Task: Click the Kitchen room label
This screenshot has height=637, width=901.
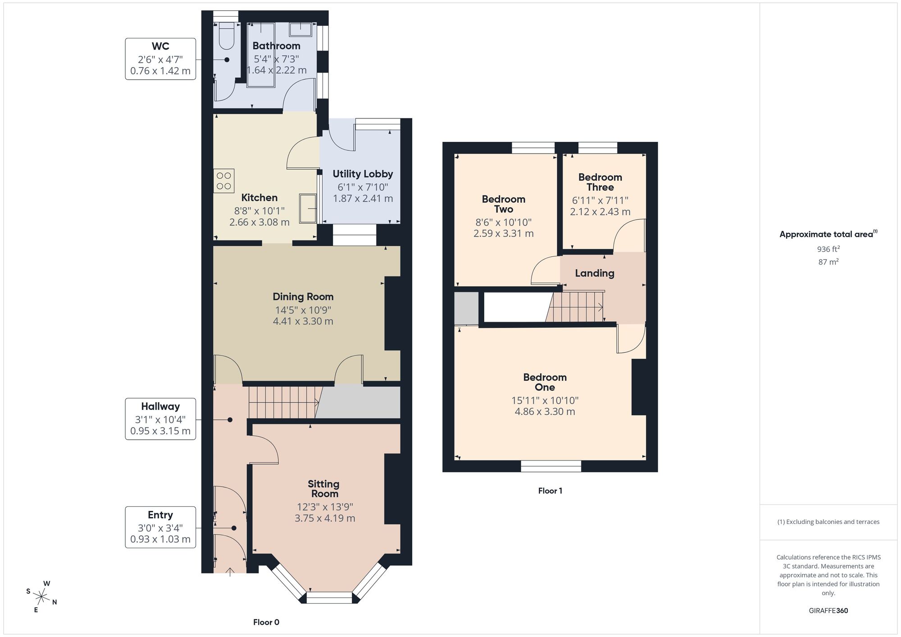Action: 259,198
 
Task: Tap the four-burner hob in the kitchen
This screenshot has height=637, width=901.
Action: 223,181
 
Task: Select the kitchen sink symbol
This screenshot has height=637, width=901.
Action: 308,208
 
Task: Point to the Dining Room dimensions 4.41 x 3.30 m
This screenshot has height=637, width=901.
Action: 303,321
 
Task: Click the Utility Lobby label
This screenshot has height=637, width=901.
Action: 363,174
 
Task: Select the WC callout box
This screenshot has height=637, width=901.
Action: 160,59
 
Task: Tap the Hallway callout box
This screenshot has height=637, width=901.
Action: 160,419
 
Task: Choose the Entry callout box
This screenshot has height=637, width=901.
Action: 160,527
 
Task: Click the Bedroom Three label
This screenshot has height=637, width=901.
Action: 600,182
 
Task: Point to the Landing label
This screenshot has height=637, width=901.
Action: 594,273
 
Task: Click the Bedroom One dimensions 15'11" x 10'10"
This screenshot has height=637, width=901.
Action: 545,400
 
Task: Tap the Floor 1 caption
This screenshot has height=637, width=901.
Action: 550,491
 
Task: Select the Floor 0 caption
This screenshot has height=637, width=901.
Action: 266,622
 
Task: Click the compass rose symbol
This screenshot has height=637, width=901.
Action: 41,597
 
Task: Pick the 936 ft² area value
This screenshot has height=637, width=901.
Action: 828,249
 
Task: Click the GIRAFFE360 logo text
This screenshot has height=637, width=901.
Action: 828,610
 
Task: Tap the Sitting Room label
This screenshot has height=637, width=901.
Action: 323,488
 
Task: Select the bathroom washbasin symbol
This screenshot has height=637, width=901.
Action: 300,29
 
